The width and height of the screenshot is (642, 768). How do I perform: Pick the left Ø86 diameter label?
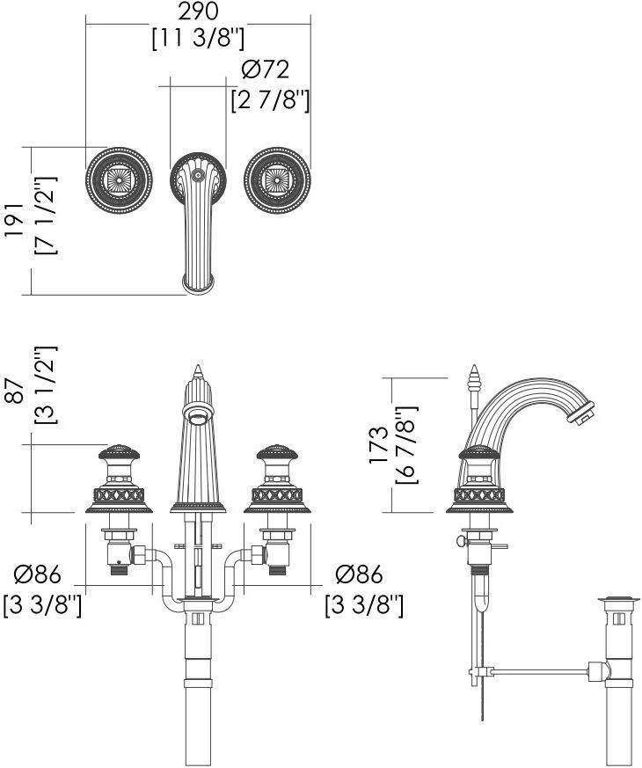(x=38, y=574)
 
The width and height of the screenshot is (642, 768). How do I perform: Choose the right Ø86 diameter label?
(x=360, y=574)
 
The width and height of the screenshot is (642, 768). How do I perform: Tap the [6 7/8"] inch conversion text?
(x=406, y=445)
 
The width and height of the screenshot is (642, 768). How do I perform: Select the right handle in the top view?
(x=277, y=181)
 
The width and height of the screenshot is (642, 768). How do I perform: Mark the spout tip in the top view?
(x=198, y=282)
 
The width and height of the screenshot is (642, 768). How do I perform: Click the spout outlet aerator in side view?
(x=583, y=413)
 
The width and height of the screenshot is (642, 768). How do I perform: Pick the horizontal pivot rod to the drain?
(x=541, y=673)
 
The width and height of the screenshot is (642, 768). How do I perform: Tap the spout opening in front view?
(x=199, y=408)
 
